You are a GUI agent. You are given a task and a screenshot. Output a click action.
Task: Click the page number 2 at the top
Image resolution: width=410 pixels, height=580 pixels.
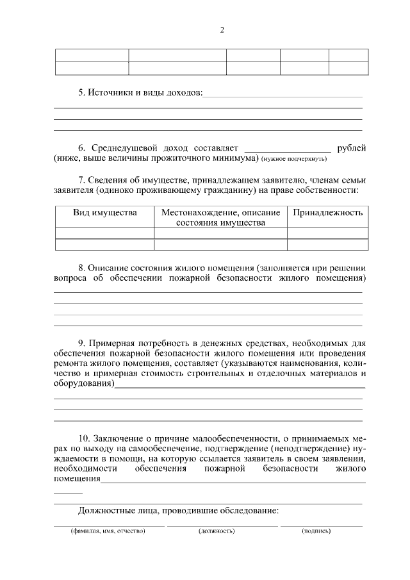point(222,30)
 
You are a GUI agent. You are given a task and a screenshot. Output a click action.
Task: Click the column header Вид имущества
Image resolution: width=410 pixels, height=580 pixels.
point(104,212)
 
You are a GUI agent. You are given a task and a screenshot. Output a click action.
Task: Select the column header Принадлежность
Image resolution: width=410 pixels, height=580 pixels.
point(327,212)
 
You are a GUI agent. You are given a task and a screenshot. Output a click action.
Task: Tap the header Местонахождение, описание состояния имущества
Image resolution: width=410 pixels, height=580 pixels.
point(220,217)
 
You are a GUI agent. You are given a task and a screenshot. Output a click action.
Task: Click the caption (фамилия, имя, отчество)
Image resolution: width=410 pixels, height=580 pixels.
point(99,531)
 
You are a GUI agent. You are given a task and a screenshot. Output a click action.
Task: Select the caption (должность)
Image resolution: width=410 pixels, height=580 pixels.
point(217,531)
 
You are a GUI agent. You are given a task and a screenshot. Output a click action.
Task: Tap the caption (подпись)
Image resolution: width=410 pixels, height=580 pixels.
point(316,531)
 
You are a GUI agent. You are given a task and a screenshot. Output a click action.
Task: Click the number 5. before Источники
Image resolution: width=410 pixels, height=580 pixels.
point(82,93)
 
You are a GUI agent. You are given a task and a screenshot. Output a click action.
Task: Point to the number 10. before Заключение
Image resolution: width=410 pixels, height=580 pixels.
point(85,438)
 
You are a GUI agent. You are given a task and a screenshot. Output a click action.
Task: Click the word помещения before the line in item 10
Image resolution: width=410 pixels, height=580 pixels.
point(77,479)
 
